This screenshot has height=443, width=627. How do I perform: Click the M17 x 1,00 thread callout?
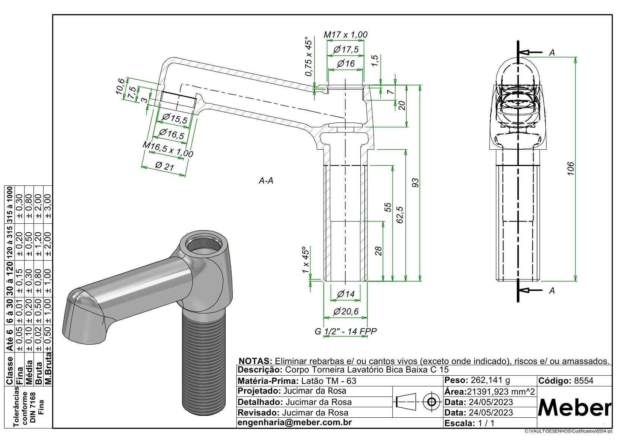pyautogui.click(x=345, y=35)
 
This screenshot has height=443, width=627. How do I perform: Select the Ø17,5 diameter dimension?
pyautogui.click(x=346, y=50)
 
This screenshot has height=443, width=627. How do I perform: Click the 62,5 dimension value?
pyautogui.click(x=400, y=215)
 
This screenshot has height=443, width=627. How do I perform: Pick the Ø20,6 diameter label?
pyautogui.click(x=346, y=311)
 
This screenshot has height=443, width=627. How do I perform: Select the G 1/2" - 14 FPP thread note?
pyautogui.click(x=346, y=331)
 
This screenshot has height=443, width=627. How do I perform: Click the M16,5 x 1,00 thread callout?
pyautogui.click(x=168, y=149)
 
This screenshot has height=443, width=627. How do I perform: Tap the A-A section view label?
pyautogui.click(x=266, y=181)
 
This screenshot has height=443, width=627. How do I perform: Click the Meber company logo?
pyautogui.click(x=575, y=408)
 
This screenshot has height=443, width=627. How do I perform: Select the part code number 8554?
pyautogui.click(x=584, y=381)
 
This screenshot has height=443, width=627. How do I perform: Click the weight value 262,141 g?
pyautogui.click(x=490, y=380)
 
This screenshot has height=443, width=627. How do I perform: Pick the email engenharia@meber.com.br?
pyautogui.click(x=295, y=423)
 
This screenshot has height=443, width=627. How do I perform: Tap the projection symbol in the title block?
pyautogui.click(x=417, y=402)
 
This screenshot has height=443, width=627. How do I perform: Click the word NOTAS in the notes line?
pyautogui.click(x=255, y=361)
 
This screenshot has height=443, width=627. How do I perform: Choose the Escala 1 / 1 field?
pyautogui.click(x=470, y=423)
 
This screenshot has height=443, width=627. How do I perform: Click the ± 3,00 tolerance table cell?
pyautogui.click(x=48, y=206)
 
